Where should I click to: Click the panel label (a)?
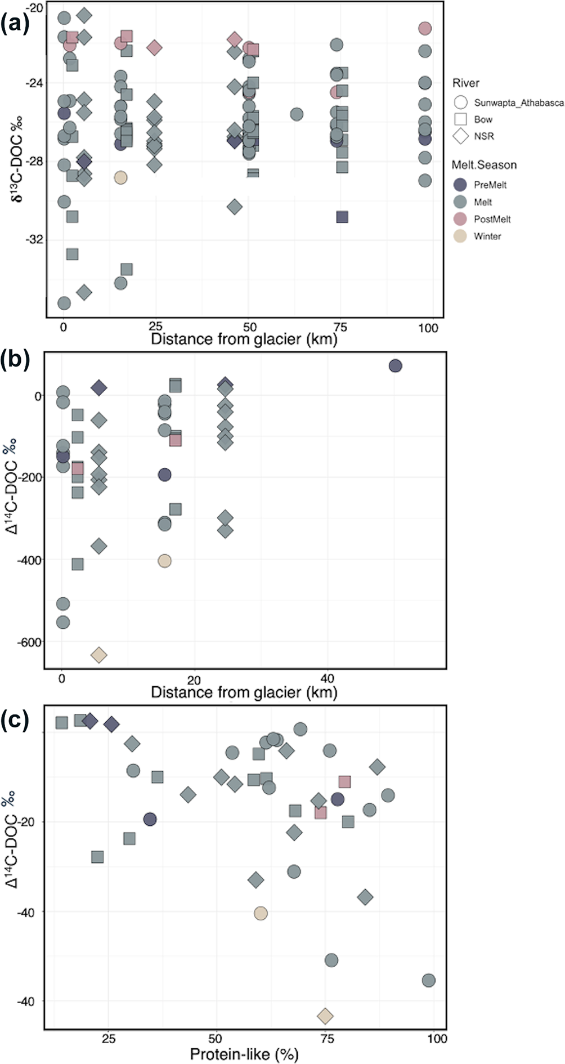[15, 25]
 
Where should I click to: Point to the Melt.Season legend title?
[484, 165]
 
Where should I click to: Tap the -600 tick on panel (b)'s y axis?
[29, 642]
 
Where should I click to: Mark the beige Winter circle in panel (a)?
[120, 177]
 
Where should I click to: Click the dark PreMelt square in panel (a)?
[342, 217]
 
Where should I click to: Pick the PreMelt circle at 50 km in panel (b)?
[395, 366]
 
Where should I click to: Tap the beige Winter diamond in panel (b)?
[99, 655]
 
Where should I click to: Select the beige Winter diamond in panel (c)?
[325, 1016]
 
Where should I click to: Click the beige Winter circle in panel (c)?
[261, 913]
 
